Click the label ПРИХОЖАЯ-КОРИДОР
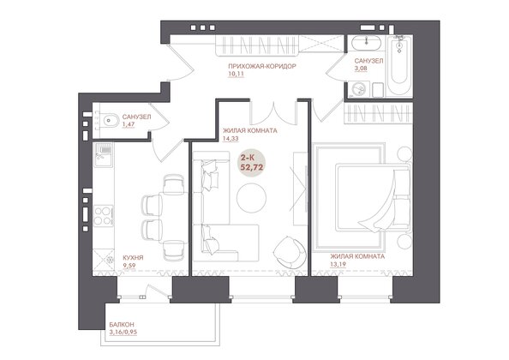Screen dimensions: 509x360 (262, 66)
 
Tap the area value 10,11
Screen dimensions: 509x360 (236, 74)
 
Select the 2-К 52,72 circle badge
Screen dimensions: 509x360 (252, 163)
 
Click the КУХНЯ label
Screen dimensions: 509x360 (133, 258)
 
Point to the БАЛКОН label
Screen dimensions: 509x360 (122, 325)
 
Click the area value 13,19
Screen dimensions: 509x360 (338, 264)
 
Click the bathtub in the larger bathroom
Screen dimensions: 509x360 (399, 66)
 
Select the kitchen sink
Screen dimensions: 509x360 (103, 154)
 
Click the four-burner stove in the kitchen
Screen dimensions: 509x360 (103, 216)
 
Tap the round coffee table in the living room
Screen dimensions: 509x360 (251, 198)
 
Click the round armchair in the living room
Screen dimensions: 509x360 (290, 252)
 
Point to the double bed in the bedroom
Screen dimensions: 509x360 (374, 198)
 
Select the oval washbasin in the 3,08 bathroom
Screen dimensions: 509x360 (367, 43)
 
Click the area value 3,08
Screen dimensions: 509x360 (361, 69)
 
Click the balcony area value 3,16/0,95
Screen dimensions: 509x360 (123, 332)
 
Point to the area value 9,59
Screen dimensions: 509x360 (129, 265)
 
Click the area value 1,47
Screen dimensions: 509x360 (129, 124)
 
